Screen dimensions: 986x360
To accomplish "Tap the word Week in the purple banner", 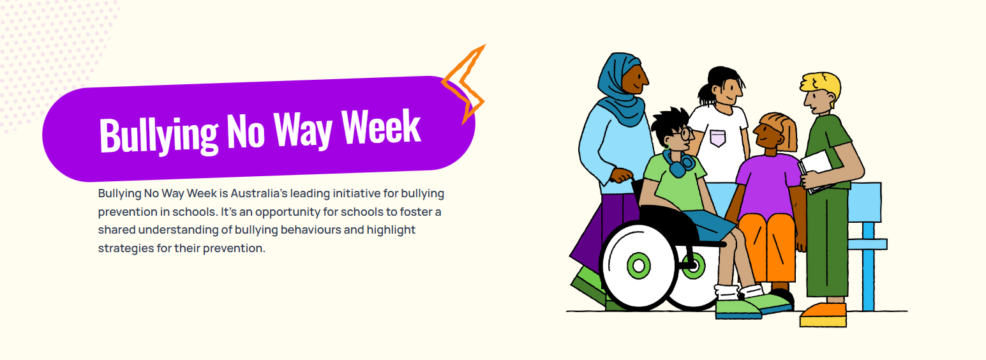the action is (x=381, y=127).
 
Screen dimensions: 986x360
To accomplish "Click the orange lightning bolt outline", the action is (x=464, y=84).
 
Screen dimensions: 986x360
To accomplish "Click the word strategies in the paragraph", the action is (x=126, y=248).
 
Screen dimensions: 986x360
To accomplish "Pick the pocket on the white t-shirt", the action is (x=718, y=138).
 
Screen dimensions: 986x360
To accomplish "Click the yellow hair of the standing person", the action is (x=822, y=86).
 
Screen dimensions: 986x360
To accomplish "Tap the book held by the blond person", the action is (x=816, y=172).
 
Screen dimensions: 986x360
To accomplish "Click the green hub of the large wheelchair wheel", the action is (x=639, y=266).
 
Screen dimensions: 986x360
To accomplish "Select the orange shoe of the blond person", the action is (x=823, y=315).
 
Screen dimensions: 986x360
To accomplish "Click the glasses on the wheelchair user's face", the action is (x=682, y=133).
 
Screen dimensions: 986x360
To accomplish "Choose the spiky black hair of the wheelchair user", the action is (x=668, y=123).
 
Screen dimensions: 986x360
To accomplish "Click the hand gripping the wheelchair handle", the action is (x=621, y=176).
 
